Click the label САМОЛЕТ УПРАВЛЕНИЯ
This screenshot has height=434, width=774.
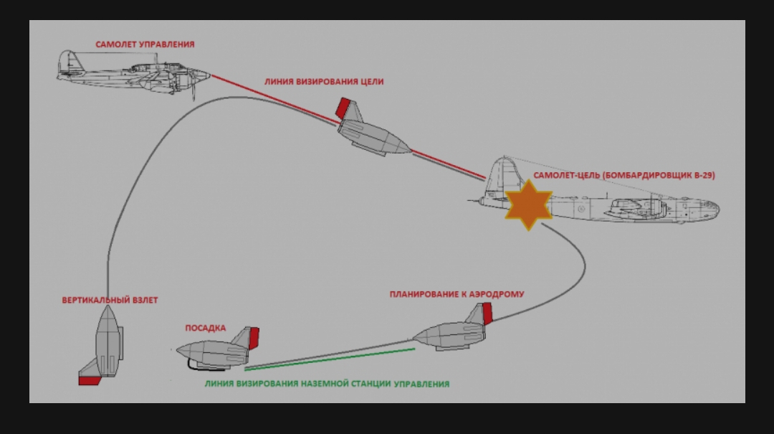(x=145, y=44)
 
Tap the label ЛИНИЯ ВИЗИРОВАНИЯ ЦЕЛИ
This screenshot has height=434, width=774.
(x=324, y=82)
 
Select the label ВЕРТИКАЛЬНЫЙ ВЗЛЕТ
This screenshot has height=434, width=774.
(x=110, y=300)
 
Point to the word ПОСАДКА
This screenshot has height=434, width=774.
(x=206, y=328)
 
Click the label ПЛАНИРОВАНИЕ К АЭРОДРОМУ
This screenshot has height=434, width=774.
(x=457, y=294)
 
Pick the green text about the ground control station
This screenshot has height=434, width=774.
(x=327, y=384)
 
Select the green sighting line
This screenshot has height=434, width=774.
(x=330, y=359)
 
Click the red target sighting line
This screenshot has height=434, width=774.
(x=272, y=97)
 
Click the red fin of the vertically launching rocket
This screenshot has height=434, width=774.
(x=89, y=379)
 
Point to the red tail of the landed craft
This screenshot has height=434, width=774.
(x=253, y=337)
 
